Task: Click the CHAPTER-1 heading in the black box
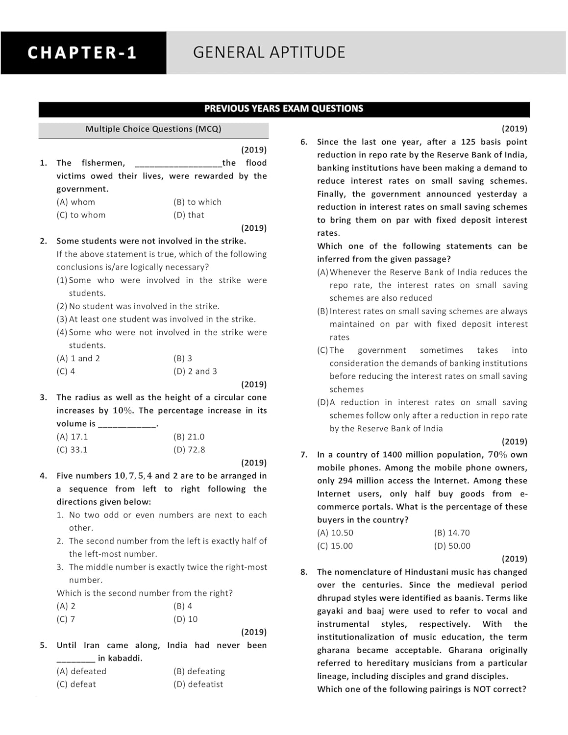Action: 82,53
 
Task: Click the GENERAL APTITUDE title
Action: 269,52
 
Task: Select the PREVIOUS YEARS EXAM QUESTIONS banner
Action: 284,109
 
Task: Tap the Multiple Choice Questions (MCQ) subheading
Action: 153,129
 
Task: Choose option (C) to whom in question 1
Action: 81,215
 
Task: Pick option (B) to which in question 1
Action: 197,202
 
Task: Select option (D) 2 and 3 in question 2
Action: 195,371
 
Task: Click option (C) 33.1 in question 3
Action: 72,450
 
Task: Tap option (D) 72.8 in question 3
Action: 189,450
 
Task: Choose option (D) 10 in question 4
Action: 185,619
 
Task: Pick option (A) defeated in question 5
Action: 81,671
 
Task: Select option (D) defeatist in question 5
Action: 198,685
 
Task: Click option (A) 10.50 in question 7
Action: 335,533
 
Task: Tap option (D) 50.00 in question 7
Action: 452,546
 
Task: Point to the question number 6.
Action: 304,142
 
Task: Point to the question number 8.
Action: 304,572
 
